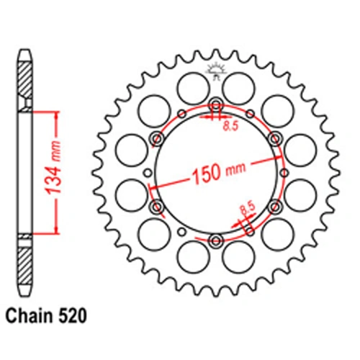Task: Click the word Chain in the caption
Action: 30,316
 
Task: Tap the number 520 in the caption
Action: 72,316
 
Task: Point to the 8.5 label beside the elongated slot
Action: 248,209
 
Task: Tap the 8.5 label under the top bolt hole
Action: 230,126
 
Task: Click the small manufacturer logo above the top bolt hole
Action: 216,71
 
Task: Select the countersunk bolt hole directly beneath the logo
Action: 216,105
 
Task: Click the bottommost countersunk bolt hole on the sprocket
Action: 216,240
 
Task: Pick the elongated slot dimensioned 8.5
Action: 250,228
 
